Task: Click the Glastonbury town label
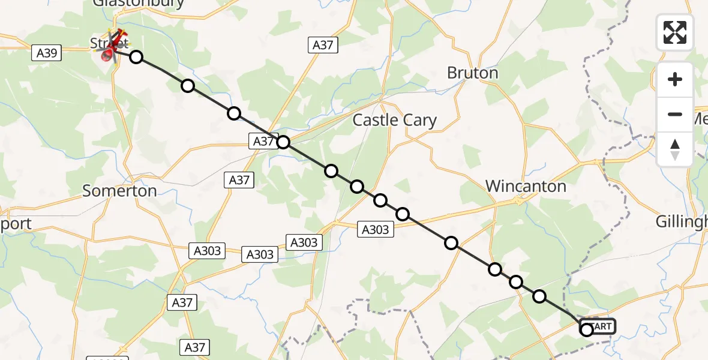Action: pyautogui.click(x=138, y=4)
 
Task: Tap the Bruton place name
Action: pyautogui.click(x=472, y=73)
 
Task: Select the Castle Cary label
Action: pyautogui.click(x=394, y=120)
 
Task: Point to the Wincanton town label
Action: pyautogui.click(x=526, y=186)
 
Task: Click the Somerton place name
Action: pyautogui.click(x=119, y=191)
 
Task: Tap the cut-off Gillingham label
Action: pyautogui.click(x=681, y=221)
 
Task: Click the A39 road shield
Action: pyautogui.click(x=47, y=53)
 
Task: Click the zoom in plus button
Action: pyautogui.click(x=675, y=79)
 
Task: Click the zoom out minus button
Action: pyautogui.click(x=675, y=114)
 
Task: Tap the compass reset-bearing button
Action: pyautogui.click(x=675, y=149)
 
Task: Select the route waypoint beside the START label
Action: pyautogui.click(x=587, y=329)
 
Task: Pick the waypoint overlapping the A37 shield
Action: pyautogui.click(x=283, y=142)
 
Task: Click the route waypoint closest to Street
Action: pyautogui.click(x=136, y=57)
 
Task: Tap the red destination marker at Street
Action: pyautogui.click(x=109, y=55)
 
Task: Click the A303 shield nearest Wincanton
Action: pyautogui.click(x=376, y=229)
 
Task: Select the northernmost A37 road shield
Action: pyautogui.click(x=323, y=45)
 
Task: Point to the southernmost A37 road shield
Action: pyautogui.click(x=195, y=347)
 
